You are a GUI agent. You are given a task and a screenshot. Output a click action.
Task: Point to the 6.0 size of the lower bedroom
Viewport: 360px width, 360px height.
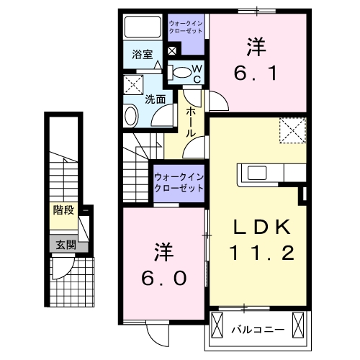click(x=163, y=277)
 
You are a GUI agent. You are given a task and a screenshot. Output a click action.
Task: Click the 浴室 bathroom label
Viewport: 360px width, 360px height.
click(x=142, y=55)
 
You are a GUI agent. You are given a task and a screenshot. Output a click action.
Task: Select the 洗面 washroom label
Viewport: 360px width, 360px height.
click(x=156, y=98)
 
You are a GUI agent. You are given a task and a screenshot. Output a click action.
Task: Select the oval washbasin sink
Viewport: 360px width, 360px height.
click(x=130, y=115)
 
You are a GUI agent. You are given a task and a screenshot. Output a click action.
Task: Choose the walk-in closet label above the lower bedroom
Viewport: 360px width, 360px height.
click(x=178, y=180)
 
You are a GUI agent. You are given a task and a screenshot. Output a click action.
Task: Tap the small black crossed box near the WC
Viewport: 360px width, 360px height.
click(x=171, y=51)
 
